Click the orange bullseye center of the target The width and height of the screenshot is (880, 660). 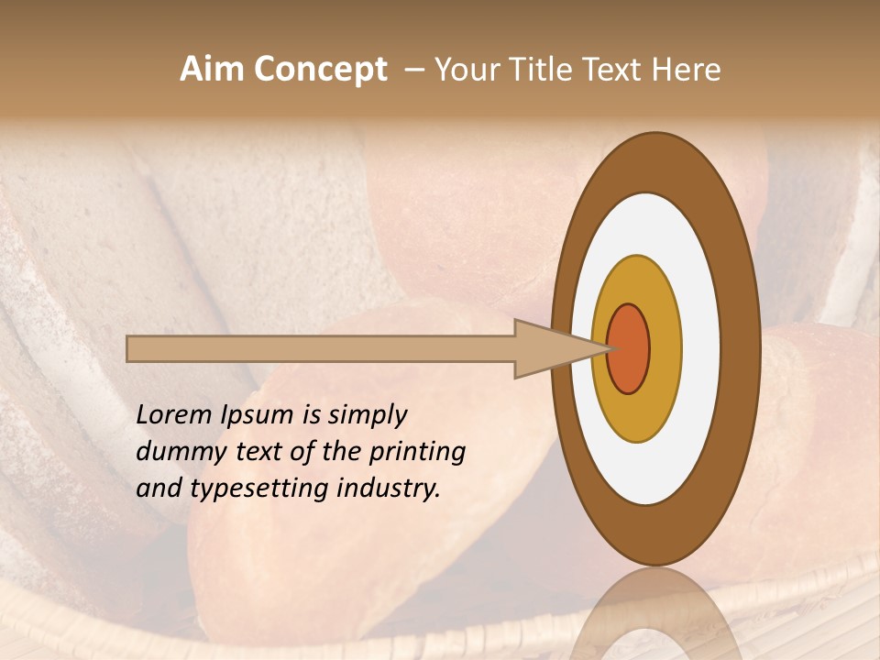coord(629,348)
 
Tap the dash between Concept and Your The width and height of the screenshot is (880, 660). coord(413,70)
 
